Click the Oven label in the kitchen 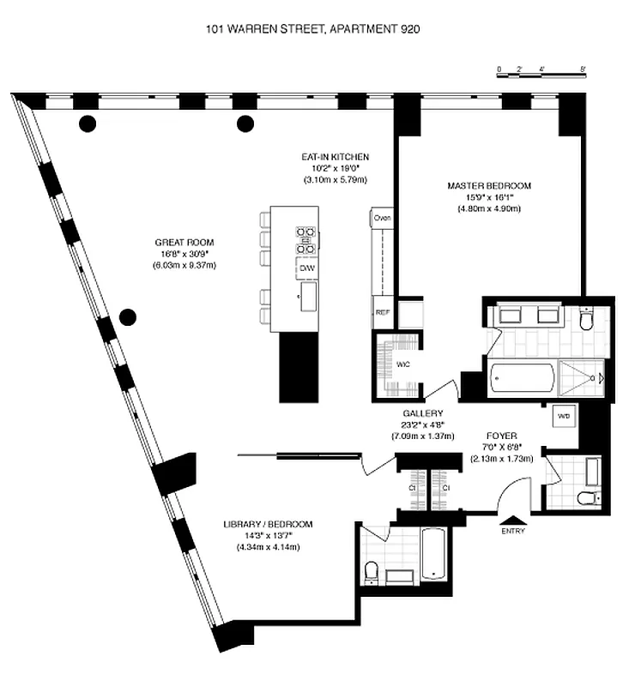382,219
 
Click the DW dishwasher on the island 306,269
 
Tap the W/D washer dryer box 564,416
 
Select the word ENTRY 513,531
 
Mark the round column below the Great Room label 128,318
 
